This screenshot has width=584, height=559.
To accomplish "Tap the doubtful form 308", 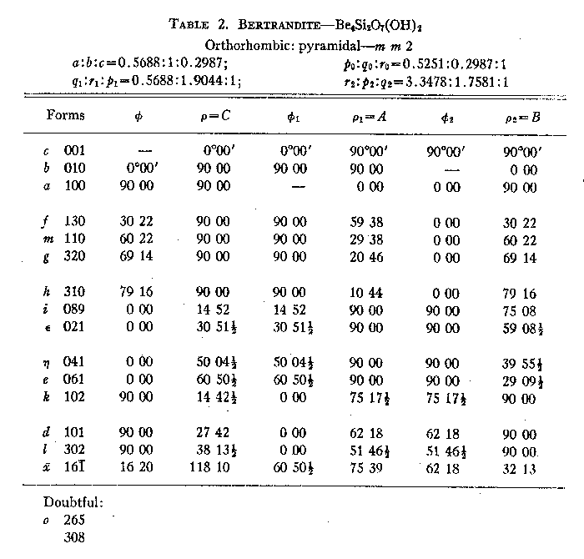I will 75,538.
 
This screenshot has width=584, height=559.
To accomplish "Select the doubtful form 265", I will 75,520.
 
